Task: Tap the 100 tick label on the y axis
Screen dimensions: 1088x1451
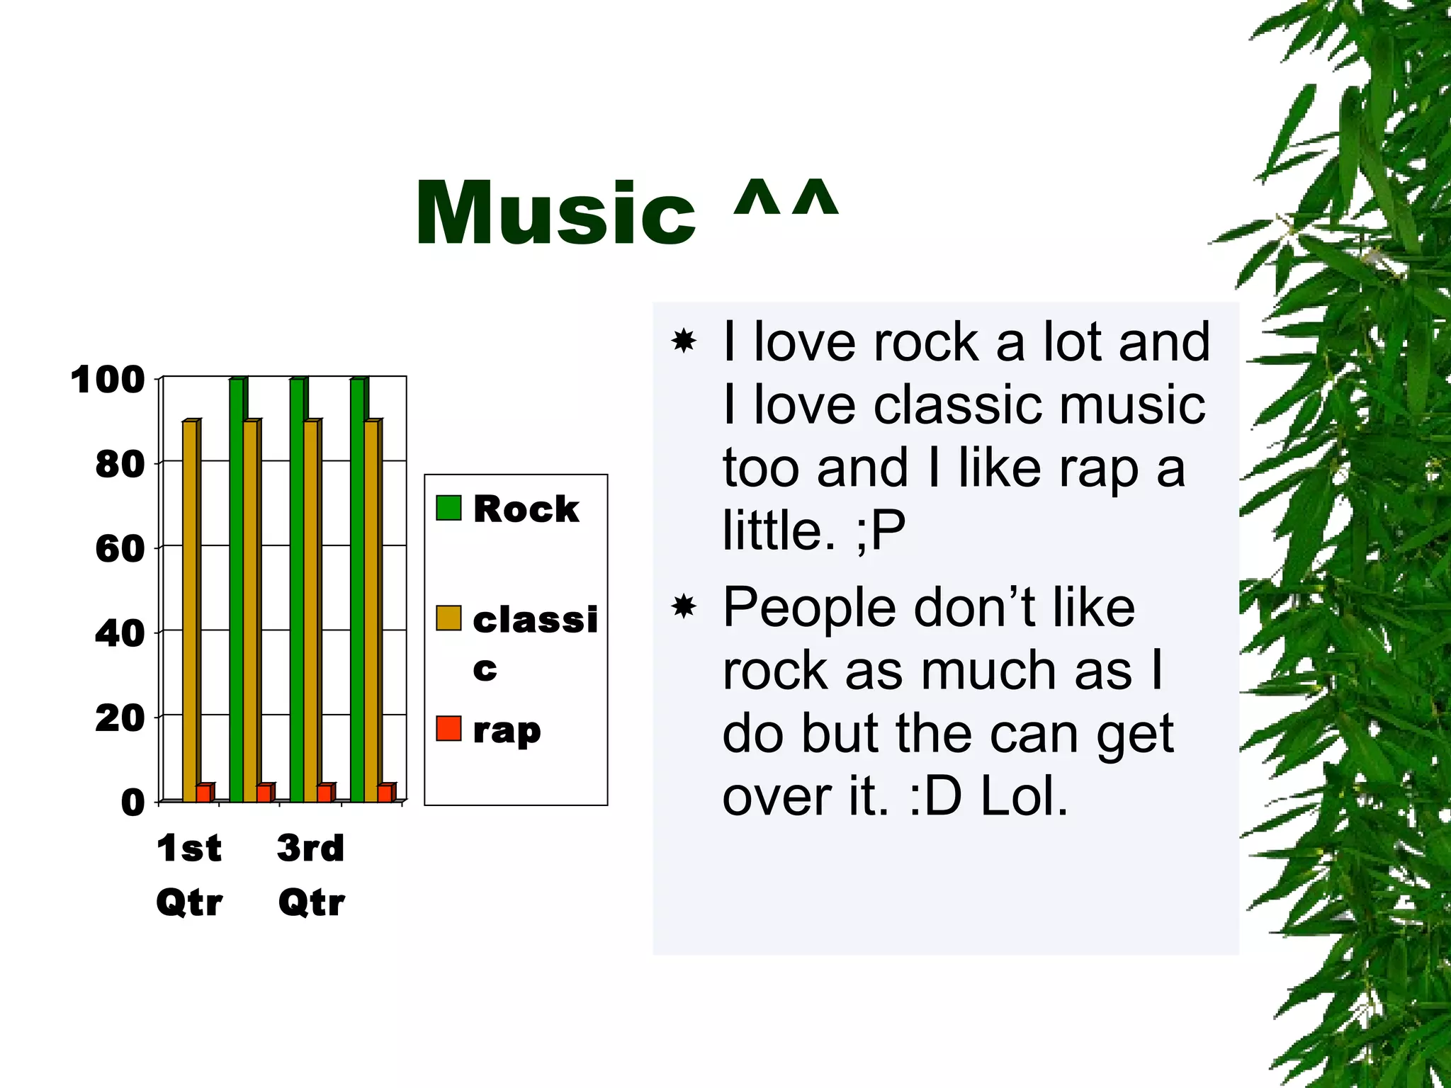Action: pos(108,380)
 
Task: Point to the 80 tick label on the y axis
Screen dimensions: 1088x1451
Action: pos(120,465)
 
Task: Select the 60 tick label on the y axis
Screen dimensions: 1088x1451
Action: pos(120,549)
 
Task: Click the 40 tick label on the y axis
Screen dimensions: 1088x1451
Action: pos(120,633)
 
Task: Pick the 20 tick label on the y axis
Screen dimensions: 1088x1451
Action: pos(120,718)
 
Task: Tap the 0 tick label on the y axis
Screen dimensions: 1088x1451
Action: pos(132,803)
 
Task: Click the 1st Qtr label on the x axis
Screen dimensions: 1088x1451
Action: pos(189,875)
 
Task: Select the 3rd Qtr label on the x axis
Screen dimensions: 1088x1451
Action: pos(311,875)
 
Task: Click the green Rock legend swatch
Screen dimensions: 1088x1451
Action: pos(448,508)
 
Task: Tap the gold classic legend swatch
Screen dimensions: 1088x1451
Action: pos(448,618)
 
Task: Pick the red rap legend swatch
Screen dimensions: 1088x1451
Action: pos(448,729)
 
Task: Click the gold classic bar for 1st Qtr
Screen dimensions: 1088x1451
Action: pos(189,609)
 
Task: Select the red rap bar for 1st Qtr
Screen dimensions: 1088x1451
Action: pos(203,793)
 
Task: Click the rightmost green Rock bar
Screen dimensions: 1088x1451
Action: pos(358,588)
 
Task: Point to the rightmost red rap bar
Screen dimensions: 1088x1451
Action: pos(385,793)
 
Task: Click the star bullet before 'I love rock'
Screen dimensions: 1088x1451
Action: pos(684,341)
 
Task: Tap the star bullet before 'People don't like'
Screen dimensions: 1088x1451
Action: pos(684,607)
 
